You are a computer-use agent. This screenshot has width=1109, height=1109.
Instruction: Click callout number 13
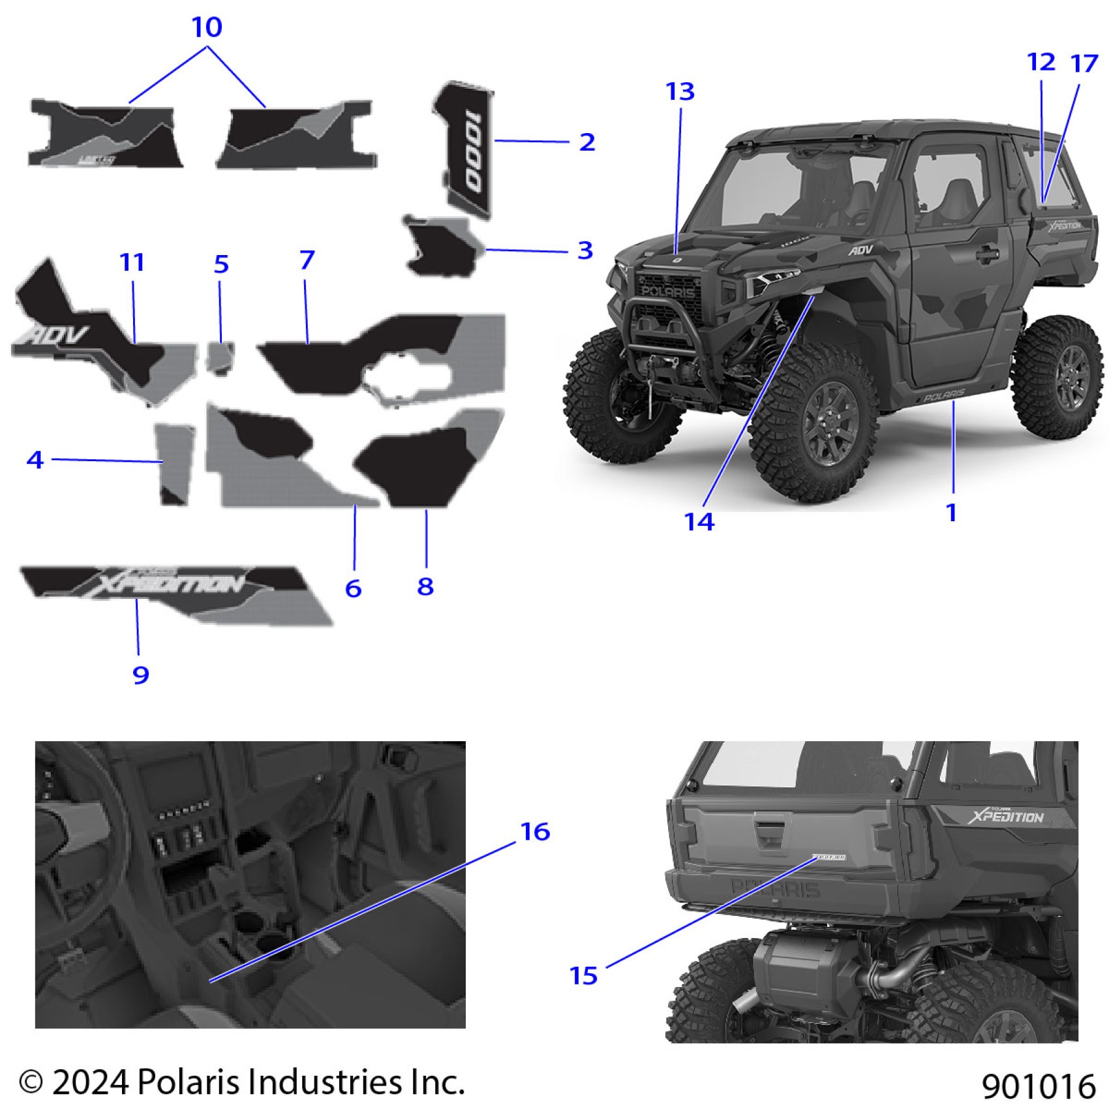[x=680, y=92]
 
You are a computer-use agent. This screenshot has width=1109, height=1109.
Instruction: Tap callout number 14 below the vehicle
[x=699, y=522]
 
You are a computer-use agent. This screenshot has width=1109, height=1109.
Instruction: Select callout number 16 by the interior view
[x=535, y=832]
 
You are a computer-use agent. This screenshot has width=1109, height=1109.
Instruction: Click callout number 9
[x=141, y=675]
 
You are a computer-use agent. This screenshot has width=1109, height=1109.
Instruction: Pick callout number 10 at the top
[x=207, y=27]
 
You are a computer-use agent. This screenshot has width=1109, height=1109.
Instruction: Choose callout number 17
[x=1084, y=63]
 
